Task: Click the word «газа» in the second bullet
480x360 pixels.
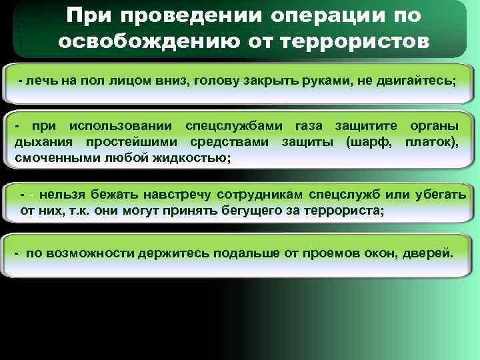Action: click(x=309, y=127)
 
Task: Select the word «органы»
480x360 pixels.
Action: click(x=434, y=127)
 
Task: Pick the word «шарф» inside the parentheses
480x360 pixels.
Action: click(x=370, y=142)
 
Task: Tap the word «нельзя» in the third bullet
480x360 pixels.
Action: click(x=59, y=195)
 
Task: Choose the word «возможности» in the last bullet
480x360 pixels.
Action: click(x=91, y=255)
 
